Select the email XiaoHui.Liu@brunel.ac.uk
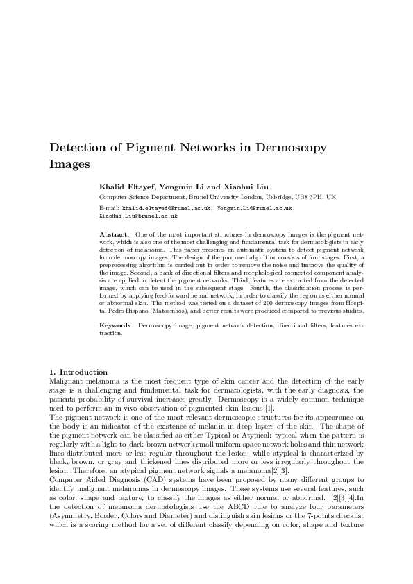pyautogui.click(x=139, y=216)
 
